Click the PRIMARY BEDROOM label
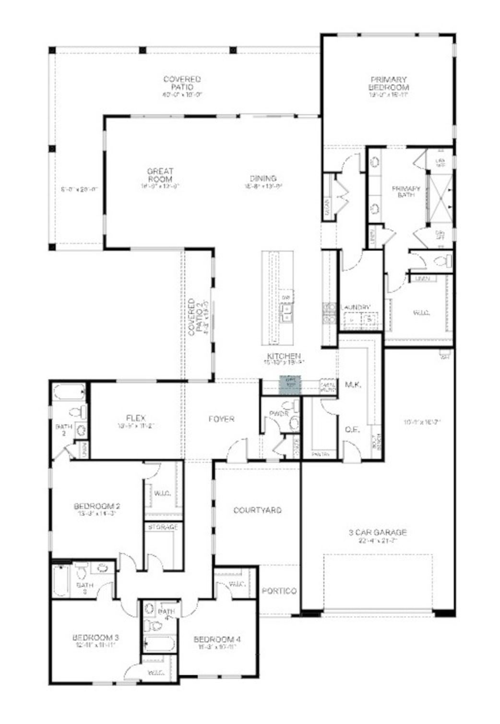[388, 84]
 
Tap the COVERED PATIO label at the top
[182, 83]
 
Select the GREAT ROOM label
[160, 175]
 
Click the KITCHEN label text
[284, 356]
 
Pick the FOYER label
[221, 419]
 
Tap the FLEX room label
[136, 418]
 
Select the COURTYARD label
[257, 510]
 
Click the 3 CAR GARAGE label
[378, 532]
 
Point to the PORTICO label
[279, 591]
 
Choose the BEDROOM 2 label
[96, 506]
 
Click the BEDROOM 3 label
[95, 638]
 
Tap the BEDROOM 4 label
[217, 640]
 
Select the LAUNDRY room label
[356, 307]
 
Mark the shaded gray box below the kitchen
[290, 385]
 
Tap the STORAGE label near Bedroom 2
[163, 527]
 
